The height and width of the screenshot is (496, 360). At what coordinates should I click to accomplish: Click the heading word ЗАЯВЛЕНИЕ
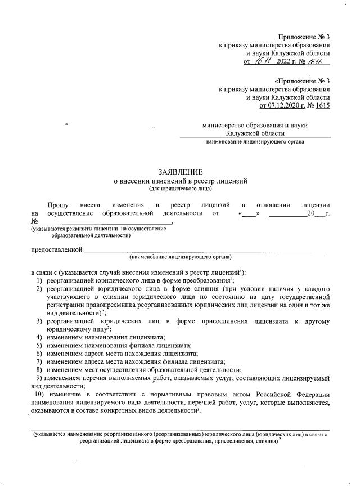coord(180,172)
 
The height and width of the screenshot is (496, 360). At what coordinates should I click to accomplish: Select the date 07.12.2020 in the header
coord(280,105)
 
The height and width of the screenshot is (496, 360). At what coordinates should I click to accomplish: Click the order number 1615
coord(322,105)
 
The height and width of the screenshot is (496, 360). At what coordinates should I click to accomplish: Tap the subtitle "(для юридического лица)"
coord(180,190)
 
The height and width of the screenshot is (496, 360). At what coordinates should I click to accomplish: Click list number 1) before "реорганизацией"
coord(40,280)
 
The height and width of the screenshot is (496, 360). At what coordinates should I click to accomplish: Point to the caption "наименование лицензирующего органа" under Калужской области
coord(255,142)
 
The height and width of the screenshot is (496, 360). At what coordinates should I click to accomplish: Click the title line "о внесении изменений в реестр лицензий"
coord(180,181)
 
